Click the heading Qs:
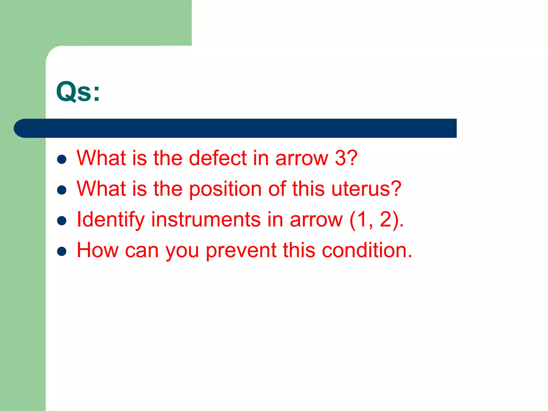78,92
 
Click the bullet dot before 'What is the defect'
62,159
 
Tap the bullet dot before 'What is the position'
62,190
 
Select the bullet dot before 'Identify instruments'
62,221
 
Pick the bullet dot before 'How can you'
62,251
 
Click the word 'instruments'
206,219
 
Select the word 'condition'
364,250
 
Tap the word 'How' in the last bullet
97,250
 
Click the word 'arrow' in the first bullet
302,158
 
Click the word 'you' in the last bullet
182,252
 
